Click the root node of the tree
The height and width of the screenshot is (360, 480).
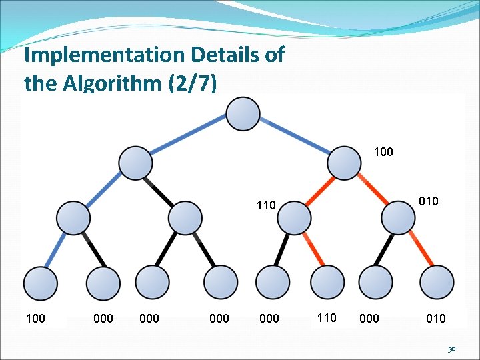pos(243,113)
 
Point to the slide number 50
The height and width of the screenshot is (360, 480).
pos(451,349)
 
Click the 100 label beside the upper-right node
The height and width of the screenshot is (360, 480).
pos(383,152)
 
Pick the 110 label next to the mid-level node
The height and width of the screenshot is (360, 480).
pos(266,205)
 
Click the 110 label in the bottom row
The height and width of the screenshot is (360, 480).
pos(327,318)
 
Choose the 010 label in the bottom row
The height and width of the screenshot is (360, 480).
pos(436,319)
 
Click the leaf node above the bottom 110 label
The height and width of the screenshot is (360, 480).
pos(325,283)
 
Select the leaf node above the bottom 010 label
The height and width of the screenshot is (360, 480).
pos(437,283)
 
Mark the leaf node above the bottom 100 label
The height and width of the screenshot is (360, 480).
pos(41,283)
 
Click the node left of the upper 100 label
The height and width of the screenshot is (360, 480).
pos(345,162)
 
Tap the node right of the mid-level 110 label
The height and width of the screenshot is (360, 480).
pos(294,218)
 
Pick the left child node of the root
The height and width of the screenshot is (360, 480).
pos(135,162)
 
